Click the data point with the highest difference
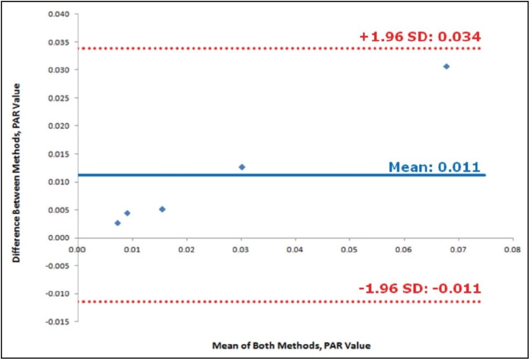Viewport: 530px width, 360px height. coord(446,66)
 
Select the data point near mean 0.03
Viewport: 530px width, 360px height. coord(242,167)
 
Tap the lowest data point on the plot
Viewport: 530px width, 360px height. coord(118,223)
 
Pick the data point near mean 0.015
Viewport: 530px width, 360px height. coord(162,209)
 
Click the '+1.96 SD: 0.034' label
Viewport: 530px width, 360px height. coord(420,37)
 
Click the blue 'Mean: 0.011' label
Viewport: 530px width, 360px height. coord(434,167)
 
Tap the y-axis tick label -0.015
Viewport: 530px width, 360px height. coord(59,322)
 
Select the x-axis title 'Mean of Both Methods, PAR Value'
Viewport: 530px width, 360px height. coord(291,346)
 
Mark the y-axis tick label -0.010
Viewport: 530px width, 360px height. coord(59,294)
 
